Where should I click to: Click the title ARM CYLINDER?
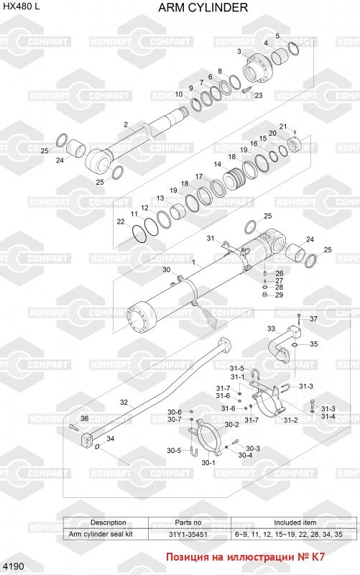203,7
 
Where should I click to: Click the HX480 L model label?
22,6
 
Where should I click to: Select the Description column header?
109,523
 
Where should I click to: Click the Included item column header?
295,523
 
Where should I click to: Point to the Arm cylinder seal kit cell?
101,534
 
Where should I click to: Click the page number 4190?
14,566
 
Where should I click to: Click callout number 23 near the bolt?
259,96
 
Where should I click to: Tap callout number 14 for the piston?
218,165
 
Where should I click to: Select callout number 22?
121,221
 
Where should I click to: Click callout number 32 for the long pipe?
124,402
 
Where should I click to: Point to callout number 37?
313,318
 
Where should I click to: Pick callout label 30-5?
174,451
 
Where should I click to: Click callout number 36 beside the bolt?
84,418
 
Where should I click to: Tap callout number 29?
279,295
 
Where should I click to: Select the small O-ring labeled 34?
97,446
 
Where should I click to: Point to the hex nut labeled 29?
264,295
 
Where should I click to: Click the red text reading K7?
318,556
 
